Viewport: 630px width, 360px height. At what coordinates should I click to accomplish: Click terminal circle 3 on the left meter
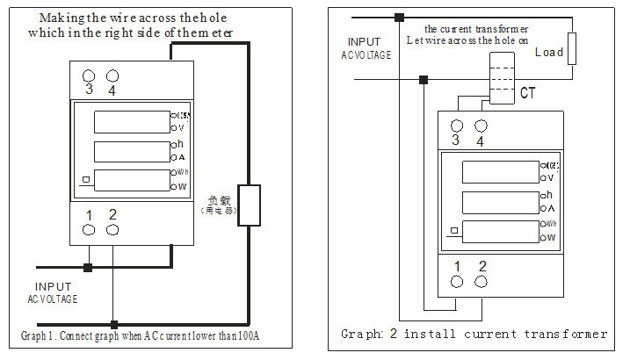pos(89,76)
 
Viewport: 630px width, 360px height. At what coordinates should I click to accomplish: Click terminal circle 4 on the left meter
pos(112,76)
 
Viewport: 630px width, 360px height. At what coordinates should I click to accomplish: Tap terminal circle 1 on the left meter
pos(89,229)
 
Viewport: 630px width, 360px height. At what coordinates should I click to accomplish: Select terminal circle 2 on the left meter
pos(112,229)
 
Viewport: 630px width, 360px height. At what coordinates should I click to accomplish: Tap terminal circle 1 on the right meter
pos(457,281)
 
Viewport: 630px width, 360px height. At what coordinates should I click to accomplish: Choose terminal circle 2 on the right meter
pos(481,281)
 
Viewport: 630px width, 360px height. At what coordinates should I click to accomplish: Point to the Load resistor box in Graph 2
pos(572,48)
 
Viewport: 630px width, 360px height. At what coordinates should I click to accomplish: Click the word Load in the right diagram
pos(549,53)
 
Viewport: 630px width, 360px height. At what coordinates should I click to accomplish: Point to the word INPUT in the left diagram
pos(54,286)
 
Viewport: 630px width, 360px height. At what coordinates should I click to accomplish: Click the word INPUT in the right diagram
pos(365,42)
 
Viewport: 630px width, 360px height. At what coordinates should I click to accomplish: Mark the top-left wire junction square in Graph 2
pos(399,17)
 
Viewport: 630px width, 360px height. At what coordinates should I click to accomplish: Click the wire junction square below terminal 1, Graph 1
pos(88,267)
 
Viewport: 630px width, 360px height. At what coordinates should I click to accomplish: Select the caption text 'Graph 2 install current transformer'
pos(474,335)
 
